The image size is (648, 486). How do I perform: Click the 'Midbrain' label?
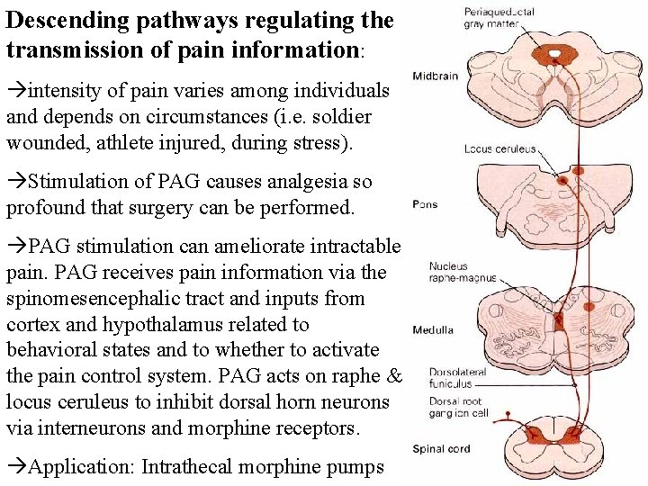click(436, 76)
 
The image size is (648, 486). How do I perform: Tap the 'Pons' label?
click(425, 204)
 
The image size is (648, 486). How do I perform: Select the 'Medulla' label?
click(433, 330)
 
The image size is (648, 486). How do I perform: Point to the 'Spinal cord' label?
click(441, 449)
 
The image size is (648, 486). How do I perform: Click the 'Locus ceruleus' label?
click(499, 149)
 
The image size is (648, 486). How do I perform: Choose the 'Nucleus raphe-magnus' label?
click(461, 272)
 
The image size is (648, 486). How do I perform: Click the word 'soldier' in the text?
click(343, 117)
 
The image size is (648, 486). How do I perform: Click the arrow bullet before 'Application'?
click(17, 466)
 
